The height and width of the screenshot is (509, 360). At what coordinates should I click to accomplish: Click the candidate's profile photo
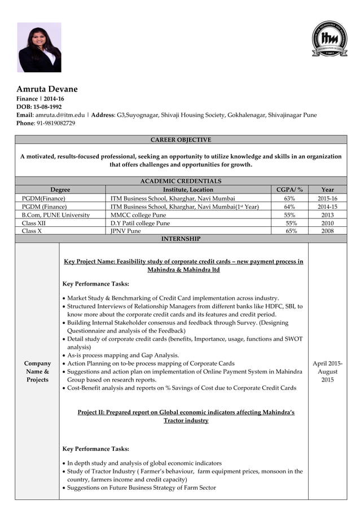(39, 47)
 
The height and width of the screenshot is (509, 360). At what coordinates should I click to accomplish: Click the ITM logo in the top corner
(330, 39)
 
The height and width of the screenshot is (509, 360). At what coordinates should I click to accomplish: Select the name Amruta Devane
(47, 89)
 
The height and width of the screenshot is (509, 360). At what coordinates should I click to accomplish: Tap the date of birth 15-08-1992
(47, 107)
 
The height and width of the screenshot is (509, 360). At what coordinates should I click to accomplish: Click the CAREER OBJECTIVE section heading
(181, 140)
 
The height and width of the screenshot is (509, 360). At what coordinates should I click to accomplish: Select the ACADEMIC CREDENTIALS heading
(181, 181)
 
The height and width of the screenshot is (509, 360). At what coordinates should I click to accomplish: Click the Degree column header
(60, 190)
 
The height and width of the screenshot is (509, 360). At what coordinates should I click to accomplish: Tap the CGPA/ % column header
(289, 190)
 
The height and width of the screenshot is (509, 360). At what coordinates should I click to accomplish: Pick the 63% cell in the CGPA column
(289, 199)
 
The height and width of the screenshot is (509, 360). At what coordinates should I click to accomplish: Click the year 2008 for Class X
(327, 231)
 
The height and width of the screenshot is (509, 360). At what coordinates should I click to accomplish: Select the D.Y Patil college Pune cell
(140, 223)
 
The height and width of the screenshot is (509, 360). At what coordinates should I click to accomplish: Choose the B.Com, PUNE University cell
(56, 215)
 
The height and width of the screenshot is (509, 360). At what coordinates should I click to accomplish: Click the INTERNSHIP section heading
(181, 239)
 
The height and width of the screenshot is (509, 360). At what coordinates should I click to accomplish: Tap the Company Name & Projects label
(37, 371)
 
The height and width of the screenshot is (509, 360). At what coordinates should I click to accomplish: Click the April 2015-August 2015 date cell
(327, 371)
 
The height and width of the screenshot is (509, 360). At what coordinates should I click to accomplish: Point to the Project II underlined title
(186, 416)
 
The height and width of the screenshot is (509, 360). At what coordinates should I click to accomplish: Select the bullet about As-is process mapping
(122, 356)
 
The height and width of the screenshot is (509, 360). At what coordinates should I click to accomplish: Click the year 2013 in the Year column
(327, 215)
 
